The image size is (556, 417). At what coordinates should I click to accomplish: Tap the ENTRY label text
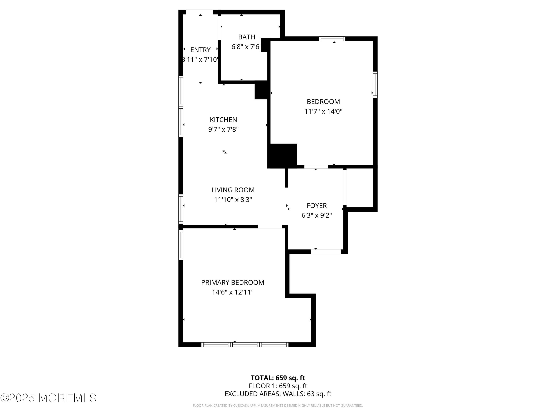pyautogui.click(x=200, y=50)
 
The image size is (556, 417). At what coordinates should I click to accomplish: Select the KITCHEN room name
pyautogui.click(x=223, y=120)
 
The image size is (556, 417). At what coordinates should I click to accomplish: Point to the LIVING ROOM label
pyautogui.click(x=233, y=190)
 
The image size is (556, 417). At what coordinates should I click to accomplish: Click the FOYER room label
pyautogui.click(x=317, y=206)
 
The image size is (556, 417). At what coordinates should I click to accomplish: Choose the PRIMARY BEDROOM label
pyautogui.click(x=233, y=282)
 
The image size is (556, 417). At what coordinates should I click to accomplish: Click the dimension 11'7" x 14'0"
pyautogui.click(x=323, y=111)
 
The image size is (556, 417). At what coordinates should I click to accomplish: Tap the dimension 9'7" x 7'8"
pyautogui.click(x=223, y=129)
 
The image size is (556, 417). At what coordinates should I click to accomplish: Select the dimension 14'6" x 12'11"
pyautogui.click(x=233, y=292)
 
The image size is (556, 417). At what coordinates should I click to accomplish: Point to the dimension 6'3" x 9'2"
pyautogui.click(x=317, y=215)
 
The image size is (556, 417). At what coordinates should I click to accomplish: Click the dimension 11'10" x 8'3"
pyautogui.click(x=233, y=200)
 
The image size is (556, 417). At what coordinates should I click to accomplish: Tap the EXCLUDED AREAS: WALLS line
pyautogui.click(x=278, y=394)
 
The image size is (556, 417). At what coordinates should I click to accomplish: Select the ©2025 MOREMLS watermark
pyautogui.click(x=48, y=398)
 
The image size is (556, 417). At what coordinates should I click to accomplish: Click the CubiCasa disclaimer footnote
pyautogui.click(x=278, y=406)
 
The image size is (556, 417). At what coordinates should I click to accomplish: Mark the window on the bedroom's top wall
pyautogui.click(x=332, y=39)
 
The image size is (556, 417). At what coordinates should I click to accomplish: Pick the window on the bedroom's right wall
pyautogui.click(x=375, y=85)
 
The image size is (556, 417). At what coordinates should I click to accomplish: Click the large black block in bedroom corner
pyautogui.click(x=282, y=155)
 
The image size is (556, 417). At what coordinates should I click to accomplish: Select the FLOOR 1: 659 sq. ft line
pyautogui.click(x=278, y=386)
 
